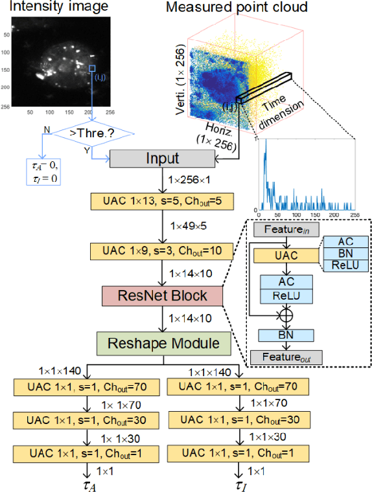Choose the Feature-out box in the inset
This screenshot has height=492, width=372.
coord(286,357)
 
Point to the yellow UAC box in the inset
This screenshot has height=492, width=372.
coord(286,256)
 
